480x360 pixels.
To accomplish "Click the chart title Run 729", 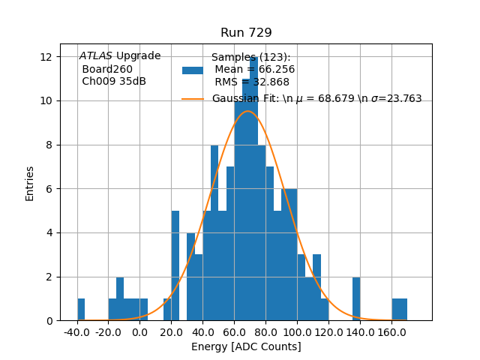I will (246, 33).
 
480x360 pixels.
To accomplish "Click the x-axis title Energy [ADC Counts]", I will (246, 346).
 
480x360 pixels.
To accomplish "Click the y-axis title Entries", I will (30, 183).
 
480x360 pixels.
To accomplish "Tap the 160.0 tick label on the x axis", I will (391, 331).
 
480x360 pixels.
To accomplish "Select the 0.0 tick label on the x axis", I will (140, 331).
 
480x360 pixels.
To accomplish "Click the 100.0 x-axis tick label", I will (297, 331).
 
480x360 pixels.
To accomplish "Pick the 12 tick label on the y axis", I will (46, 57).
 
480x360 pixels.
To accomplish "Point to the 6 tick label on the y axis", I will (48, 189).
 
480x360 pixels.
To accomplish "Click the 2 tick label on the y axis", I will (48, 277).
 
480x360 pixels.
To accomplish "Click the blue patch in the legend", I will (193, 70).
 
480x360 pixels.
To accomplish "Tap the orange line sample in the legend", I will (193, 99).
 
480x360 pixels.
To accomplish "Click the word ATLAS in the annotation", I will (95, 55).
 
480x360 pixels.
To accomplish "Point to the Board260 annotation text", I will (107, 69).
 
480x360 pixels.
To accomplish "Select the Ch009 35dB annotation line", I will (114, 81).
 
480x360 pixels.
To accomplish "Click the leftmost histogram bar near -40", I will (81, 310).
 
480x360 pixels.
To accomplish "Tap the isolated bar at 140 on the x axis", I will (356, 299).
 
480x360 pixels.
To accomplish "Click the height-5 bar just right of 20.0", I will (175, 266).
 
